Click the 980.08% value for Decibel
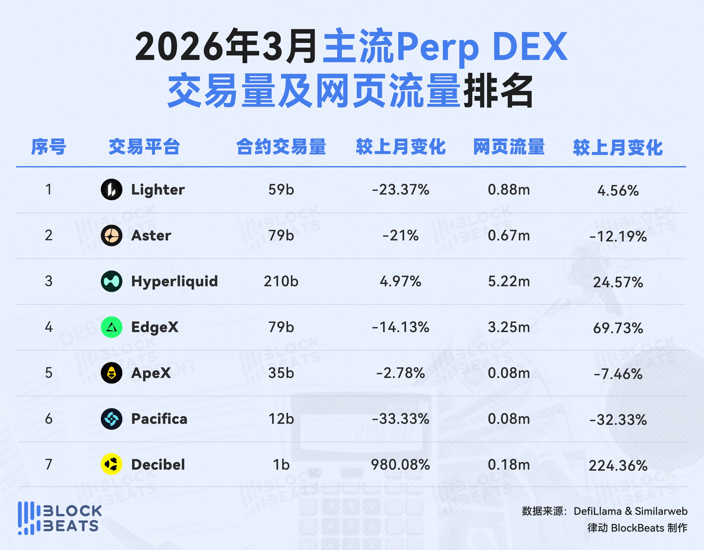point(400,465)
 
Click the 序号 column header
point(49,147)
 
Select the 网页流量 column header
point(509,147)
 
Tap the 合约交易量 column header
point(281,147)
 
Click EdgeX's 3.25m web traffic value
point(509,327)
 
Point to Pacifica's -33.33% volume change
point(400,419)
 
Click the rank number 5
point(49,373)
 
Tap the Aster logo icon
point(112,235)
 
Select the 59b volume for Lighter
point(281,190)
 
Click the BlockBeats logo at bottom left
point(60,518)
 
